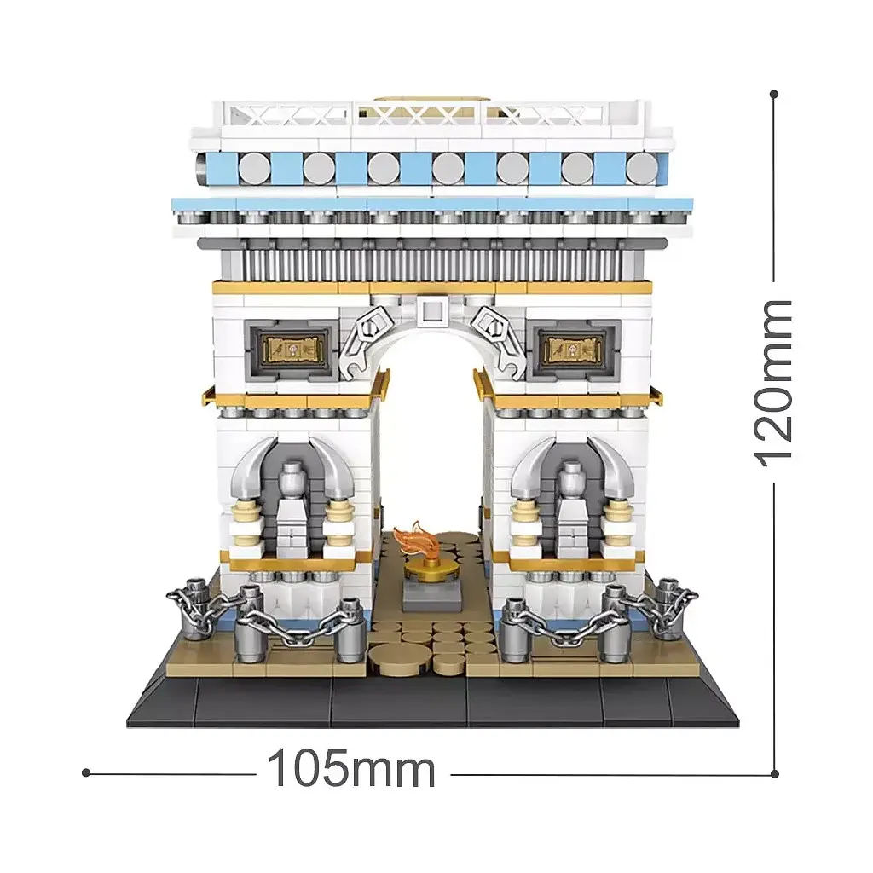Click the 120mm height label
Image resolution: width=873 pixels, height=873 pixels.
[772, 383]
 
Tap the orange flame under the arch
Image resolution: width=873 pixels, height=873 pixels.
[410, 537]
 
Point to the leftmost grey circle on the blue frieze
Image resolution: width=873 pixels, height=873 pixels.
[254, 168]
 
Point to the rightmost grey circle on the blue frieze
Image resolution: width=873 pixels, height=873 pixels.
[641, 168]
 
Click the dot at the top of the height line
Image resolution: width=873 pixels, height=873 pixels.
[774, 95]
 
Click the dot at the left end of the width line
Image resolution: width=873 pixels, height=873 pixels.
[86, 772]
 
